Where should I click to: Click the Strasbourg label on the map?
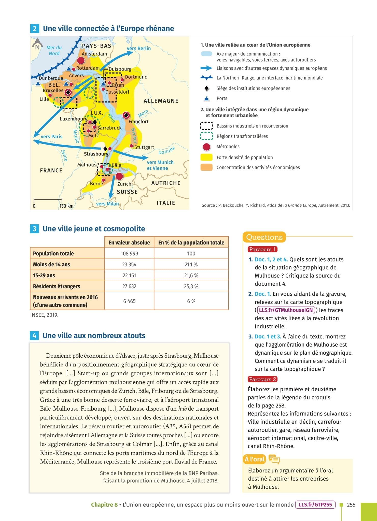tap(96, 154)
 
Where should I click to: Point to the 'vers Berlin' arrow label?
tap(139, 48)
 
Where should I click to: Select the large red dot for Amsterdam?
tap(81, 61)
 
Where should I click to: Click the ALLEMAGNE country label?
tap(161, 101)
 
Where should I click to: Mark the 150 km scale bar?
tap(48, 199)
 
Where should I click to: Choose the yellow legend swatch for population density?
tap(206, 157)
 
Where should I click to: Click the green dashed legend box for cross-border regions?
tap(206, 136)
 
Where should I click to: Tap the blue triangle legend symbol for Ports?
tap(207, 98)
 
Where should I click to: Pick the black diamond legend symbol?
tap(207, 88)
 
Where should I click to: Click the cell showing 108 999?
tap(129, 253)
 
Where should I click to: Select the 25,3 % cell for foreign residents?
tap(191, 286)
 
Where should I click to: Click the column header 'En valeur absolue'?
tap(129, 242)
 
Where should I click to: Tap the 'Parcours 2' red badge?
tap(262, 379)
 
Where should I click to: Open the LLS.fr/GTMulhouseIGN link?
tap(286, 310)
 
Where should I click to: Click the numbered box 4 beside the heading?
tap(34, 336)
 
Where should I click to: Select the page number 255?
tap(351, 505)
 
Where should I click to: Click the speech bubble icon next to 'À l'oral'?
tap(274, 459)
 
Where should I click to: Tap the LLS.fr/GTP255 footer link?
tap(315, 505)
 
